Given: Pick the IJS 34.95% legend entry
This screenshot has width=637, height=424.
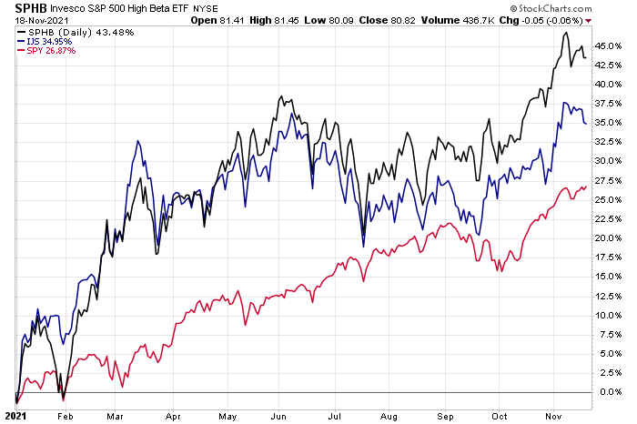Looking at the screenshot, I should (x=43, y=43).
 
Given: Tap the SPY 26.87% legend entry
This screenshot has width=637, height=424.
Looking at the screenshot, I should (x=45, y=53).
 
